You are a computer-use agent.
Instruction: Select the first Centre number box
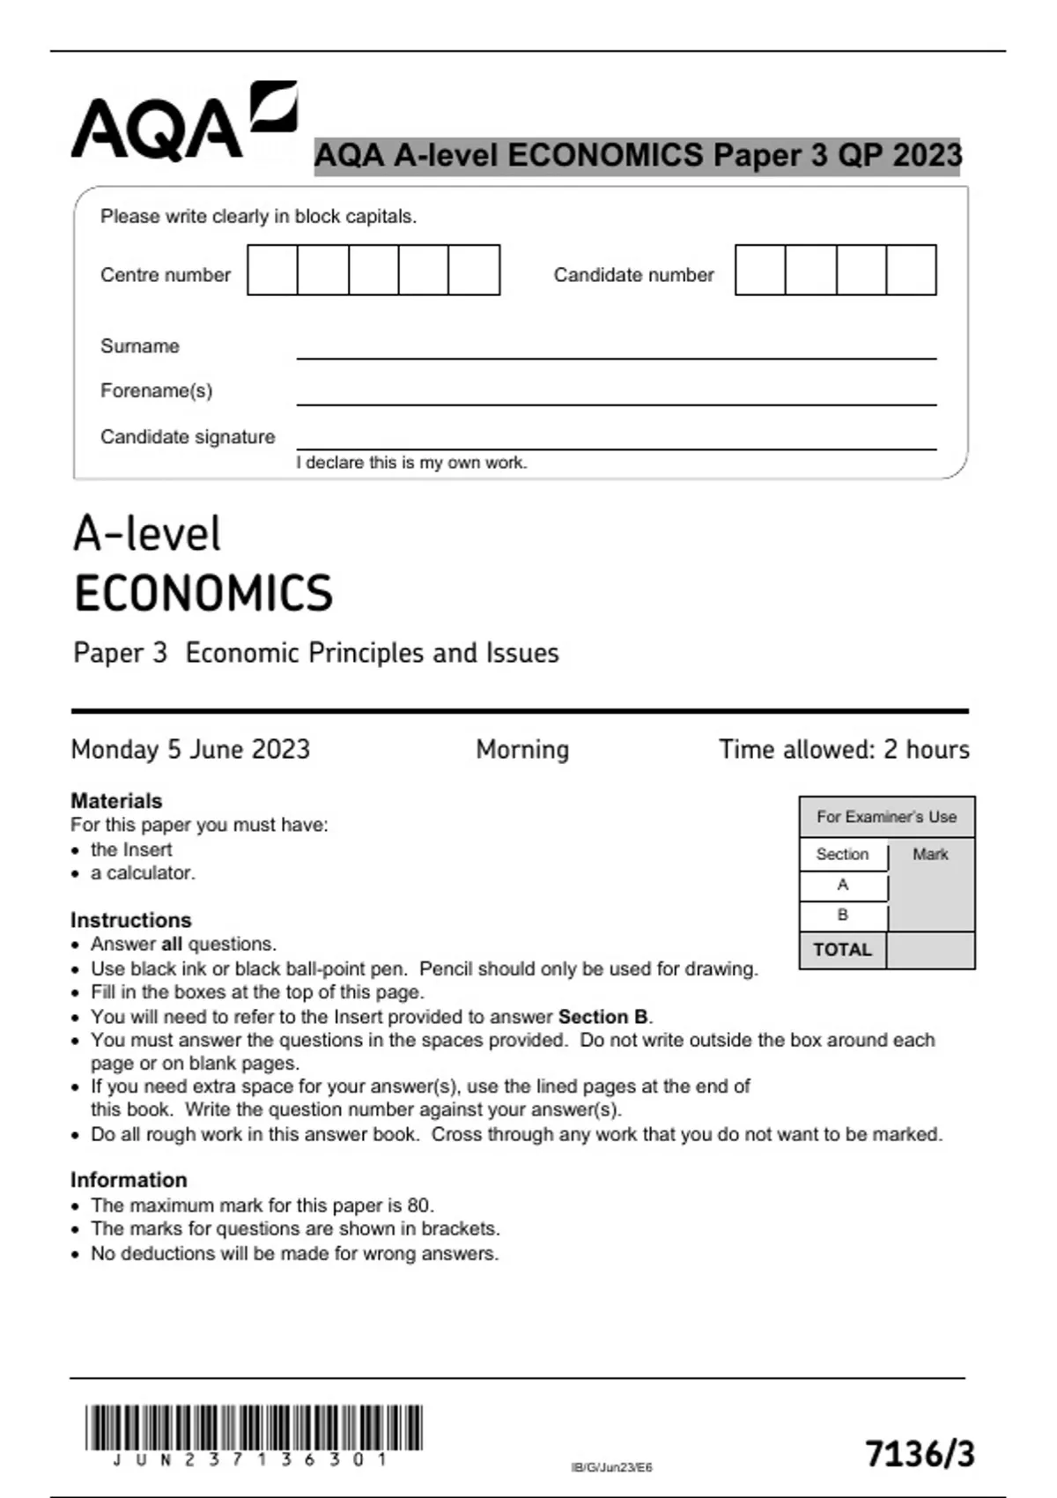[x=272, y=271]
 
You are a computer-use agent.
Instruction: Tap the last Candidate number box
[x=911, y=271]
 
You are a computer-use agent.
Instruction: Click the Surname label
[x=139, y=346]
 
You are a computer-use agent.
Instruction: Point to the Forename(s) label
[x=156, y=390]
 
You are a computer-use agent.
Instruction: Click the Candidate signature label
[x=187, y=437]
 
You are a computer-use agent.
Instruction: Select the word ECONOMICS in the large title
[x=203, y=593]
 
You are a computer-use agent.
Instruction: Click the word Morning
[x=522, y=750]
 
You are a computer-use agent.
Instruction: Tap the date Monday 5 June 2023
[x=190, y=750]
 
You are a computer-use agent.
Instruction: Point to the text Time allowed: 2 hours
[x=843, y=750]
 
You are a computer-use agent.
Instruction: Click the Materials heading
[x=116, y=801]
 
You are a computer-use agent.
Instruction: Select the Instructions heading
[x=130, y=920]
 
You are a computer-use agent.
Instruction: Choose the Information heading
[x=129, y=1180]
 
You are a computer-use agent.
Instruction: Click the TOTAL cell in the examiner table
[x=842, y=950]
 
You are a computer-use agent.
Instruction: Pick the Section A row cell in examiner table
[x=843, y=885]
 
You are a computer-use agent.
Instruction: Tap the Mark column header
[x=930, y=855]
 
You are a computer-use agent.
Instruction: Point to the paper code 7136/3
[x=920, y=1454]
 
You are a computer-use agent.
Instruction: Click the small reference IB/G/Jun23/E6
[x=611, y=1467]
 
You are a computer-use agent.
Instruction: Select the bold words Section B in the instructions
[x=603, y=1017]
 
